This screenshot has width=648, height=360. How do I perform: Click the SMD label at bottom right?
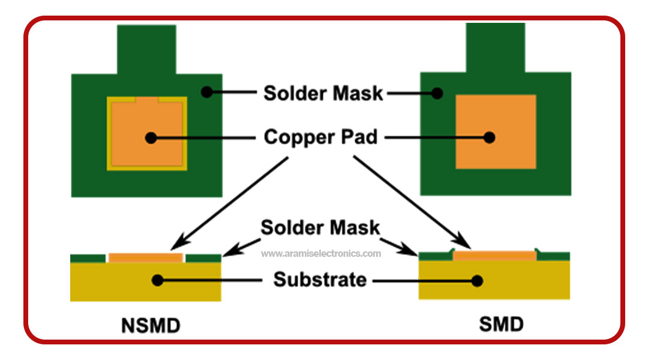click(x=501, y=324)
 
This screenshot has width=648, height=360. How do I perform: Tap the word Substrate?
click(x=320, y=280)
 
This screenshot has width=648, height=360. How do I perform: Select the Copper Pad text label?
click(x=321, y=137)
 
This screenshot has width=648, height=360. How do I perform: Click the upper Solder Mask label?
click(x=323, y=93)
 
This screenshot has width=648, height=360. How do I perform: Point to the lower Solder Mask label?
click(x=320, y=227)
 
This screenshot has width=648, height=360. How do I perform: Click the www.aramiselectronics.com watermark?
click(x=321, y=253)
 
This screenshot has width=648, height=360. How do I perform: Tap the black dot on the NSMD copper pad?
click(x=151, y=137)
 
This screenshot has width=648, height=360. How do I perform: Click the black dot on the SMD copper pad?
click(x=490, y=137)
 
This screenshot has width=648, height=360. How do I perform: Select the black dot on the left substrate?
click(x=157, y=280)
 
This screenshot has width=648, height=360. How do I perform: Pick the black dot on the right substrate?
click(x=478, y=280)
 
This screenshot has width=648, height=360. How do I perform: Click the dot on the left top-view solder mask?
click(x=206, y=92)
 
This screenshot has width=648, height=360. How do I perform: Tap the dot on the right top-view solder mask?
click(x=438, y=93)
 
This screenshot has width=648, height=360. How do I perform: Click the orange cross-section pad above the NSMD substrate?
click(x=146, y=257)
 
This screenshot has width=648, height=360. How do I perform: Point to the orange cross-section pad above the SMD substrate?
click(x=494, y=256)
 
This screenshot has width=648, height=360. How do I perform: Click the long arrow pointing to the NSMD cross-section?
click(x=229, y=203)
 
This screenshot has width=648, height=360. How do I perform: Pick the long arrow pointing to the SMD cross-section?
click(x=412, y=203)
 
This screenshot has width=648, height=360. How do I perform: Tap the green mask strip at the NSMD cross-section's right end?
click(x=203, y=258)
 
